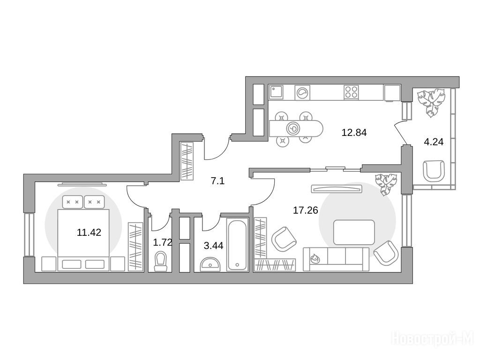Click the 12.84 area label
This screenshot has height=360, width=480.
point(354,133)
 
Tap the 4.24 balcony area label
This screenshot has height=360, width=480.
point(434,142)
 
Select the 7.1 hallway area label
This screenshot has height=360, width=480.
point(217,181)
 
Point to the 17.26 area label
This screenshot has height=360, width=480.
point(306,210)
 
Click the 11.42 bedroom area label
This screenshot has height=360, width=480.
point(89,232)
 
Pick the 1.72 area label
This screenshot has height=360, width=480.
point(162,243)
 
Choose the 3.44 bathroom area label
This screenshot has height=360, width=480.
point(213,246)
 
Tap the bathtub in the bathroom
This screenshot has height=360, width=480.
point(238,244)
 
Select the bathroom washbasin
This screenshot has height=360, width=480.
point(210,264)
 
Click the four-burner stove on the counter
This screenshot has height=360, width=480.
point(351,92)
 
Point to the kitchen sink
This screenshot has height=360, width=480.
point(276,92)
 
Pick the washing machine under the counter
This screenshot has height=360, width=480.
point(302,92)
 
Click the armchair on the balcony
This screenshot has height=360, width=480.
point(434,170)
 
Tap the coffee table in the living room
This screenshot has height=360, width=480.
point(354,232)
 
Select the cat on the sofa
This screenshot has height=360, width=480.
point(315,259)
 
